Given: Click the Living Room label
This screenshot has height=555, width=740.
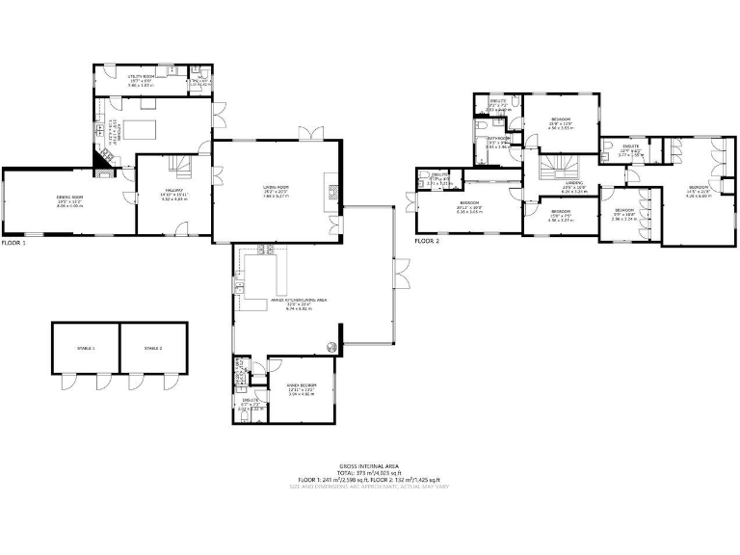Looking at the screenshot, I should pos(277,190).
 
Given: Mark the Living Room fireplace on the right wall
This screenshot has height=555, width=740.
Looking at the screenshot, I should pos(333,191).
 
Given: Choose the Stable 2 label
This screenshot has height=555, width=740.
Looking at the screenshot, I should pos(153,348).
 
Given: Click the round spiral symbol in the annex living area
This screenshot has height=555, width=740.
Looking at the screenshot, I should pos(330,347).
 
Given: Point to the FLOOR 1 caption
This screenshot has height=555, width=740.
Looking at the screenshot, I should pos(13,243).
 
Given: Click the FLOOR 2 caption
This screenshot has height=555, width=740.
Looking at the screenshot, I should pos(427,242).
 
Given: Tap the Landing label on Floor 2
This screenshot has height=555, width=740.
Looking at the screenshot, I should pos(573,184).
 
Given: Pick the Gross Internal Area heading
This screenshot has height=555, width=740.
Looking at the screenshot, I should pos(369,464).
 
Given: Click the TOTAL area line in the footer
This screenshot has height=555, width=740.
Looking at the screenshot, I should pos(369,472).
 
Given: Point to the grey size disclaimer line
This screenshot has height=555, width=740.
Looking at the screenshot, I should pos(369,486).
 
